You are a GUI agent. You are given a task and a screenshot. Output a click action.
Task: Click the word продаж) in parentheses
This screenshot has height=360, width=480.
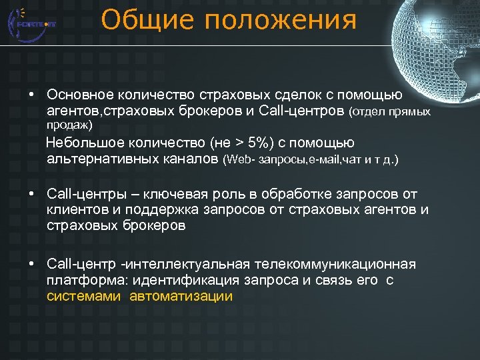coord(70,125)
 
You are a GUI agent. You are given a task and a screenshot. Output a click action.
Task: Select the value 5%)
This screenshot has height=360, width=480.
coord(257,143)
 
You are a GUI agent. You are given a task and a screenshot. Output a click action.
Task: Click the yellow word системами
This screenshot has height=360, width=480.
coord(84,297)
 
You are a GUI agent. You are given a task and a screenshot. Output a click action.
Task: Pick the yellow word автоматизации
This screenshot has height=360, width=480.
coord(181,297)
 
